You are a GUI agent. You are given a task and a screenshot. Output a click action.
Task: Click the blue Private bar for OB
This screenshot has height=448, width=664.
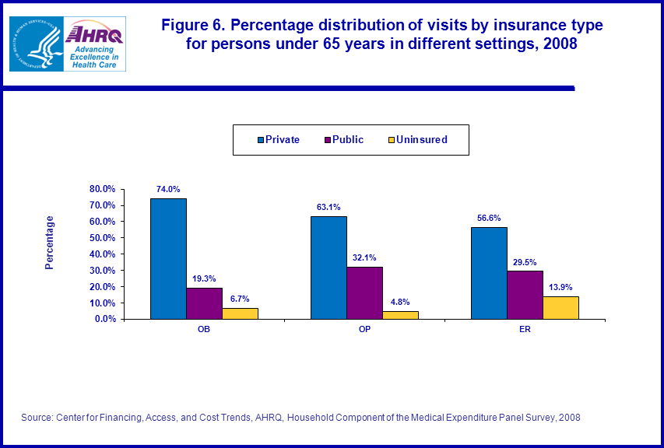(168, 258)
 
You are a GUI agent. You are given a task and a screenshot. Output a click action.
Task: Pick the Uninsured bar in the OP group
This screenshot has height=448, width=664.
(400, 315)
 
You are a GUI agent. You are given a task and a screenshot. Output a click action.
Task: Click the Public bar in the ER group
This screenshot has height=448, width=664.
(525, 295)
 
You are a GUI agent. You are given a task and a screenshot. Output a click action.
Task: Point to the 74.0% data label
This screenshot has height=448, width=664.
(168, 189)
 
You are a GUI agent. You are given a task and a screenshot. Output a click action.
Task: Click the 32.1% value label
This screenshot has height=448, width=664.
(364, 258)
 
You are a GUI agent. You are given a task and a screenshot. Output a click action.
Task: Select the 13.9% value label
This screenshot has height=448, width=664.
(560, 287)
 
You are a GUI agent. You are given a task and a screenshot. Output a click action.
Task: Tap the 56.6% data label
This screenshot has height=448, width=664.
(489, 219)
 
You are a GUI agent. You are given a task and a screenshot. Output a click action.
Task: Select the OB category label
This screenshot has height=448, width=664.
(203, 329)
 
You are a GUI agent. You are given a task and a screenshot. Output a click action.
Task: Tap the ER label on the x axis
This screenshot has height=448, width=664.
(525, 329)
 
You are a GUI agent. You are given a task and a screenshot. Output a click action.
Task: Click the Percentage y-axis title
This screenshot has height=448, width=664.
(50, 243)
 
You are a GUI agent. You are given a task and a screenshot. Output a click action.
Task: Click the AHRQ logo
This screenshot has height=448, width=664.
(95, 44)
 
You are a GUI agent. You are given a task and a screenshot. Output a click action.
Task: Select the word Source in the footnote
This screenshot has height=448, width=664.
(37, 418)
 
